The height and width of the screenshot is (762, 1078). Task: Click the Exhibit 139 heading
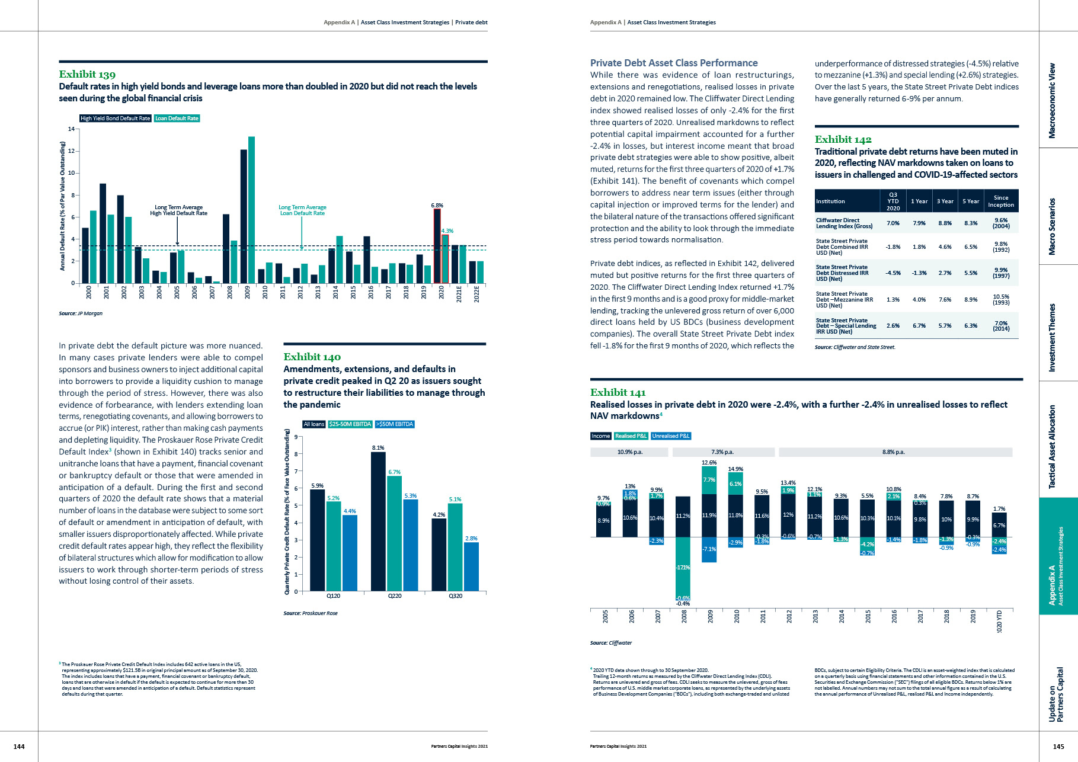[87, 74]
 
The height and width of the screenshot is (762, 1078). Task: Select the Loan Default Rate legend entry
[177, 119]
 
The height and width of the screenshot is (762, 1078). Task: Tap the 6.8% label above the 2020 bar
[437, 205]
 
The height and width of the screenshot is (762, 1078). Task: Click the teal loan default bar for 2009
[251, 210]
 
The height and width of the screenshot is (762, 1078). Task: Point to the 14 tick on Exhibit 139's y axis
[71, 129]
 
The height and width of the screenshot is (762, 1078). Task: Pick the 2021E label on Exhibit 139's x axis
[459, 294]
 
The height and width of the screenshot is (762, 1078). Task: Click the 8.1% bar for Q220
[378, 521]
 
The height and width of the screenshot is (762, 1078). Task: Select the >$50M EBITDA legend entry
[394, 424]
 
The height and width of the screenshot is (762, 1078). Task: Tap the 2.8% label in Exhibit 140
[471, 538]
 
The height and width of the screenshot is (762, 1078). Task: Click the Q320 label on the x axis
[455, 595]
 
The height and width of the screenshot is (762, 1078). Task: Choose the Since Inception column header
[1000, 201]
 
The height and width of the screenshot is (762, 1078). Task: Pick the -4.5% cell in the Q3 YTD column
[893, 273]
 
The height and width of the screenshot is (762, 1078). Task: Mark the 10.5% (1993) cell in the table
[1000, 299]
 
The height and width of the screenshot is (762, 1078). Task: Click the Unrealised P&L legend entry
[671, 436]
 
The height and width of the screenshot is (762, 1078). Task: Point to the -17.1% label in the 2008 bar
[683, 568]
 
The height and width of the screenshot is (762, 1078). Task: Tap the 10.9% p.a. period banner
[629, 452]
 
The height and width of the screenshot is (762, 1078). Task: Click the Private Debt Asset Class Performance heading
[674, 63]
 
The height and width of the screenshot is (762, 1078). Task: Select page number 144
[19, 747]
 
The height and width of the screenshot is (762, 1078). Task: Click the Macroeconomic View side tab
[1052, 101]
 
